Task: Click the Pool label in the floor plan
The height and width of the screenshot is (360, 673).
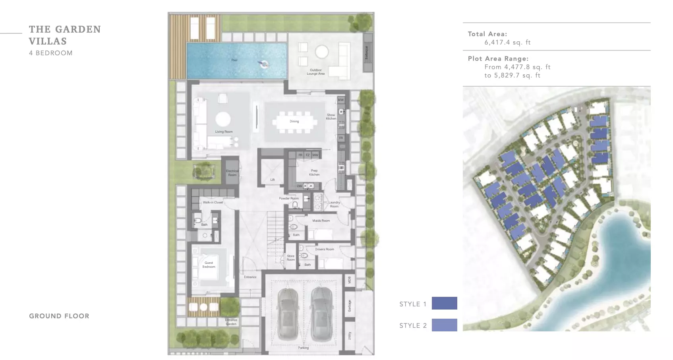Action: (x=234, y=60)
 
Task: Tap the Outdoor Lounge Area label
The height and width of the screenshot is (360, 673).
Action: (x=316, y=72)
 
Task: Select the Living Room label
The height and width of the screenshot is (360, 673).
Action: (x=224, y=132)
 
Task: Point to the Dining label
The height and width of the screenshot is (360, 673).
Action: (x=294, y=122)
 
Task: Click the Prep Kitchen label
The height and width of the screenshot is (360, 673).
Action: (x=314, y=173)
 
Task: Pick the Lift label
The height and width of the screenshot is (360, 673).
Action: (x=273, y=180)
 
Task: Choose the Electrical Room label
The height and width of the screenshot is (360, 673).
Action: (x=232, y=173)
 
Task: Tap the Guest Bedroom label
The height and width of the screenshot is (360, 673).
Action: (x=209, y=265)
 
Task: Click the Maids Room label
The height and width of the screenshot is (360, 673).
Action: (x=321, y=221)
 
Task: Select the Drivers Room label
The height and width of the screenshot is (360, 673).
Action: (x=325, y=250)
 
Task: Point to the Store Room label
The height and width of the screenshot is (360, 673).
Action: (x=291, y=258)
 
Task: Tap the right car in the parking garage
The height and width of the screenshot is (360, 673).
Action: (x=321, y=314)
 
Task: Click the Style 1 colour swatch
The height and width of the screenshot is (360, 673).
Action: (x=444, y=303)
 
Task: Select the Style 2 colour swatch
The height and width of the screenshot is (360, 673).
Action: (x=444, y=325)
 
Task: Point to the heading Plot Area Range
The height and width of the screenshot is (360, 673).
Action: (x=498, y=59)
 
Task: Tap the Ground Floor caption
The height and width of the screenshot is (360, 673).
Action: (x=59, y=316)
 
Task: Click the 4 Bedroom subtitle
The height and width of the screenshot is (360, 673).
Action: (x=51, y=53)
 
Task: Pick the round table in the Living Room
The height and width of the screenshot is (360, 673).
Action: (x=223, y=119)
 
